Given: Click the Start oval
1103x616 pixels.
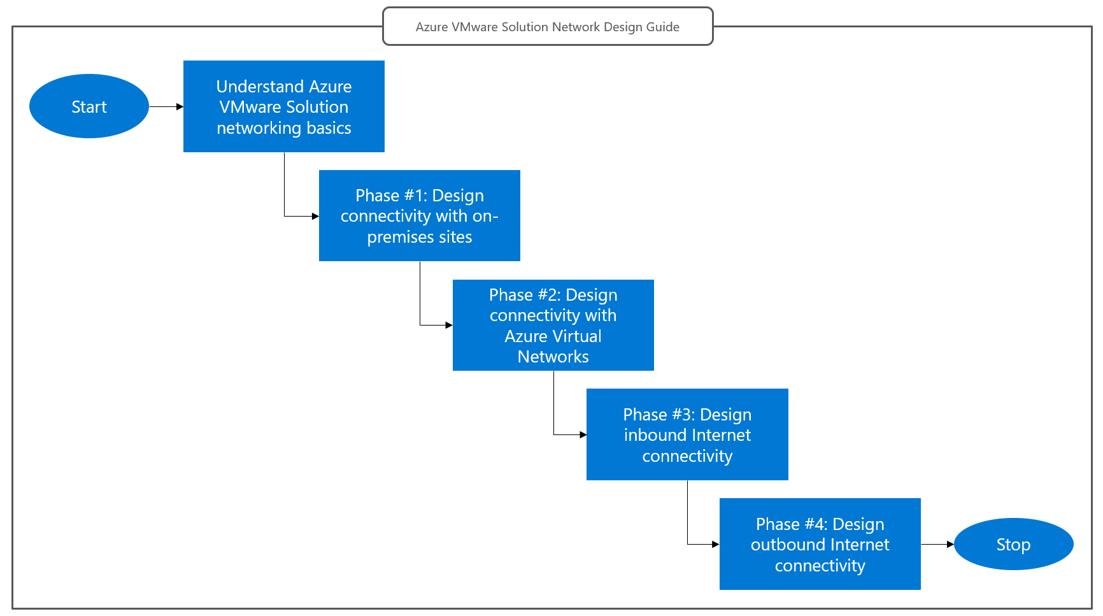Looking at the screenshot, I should click(89, 106).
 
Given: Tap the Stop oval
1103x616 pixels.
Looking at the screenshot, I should click(1013, 545).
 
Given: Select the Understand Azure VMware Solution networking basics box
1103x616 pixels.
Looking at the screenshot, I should click(284, 106).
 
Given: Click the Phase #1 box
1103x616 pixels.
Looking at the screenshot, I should click(419, 216).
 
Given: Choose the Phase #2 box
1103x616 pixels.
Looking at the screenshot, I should click(553, 326).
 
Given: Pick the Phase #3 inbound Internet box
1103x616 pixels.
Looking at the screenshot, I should click(687, 435).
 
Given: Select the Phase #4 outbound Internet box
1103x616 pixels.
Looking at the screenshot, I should click(820, 545).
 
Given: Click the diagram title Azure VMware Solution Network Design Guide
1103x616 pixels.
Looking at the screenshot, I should click(548, 27).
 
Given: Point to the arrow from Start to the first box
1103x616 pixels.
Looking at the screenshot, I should click(166, 107).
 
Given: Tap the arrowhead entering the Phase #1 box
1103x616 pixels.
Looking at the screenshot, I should click(315, 217).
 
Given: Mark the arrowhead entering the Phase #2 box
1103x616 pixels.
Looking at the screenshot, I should click(449, 326).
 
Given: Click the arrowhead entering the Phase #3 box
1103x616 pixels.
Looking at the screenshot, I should click(583, 435).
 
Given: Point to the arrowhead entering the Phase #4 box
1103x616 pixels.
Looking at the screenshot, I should click(716, 545).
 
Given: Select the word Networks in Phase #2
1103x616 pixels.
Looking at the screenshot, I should click(553, 357).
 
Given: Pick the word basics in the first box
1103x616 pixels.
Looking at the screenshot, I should click(329, 128).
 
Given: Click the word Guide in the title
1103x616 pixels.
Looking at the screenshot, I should click(663, 27).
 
